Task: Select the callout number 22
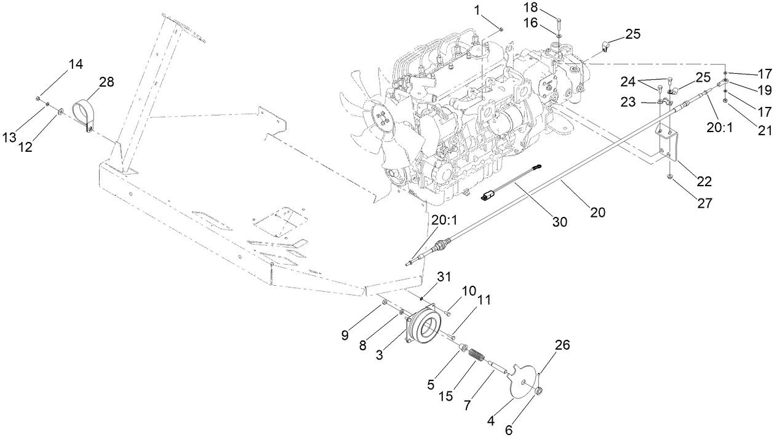point(704,181)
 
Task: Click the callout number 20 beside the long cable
point(597,212)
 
